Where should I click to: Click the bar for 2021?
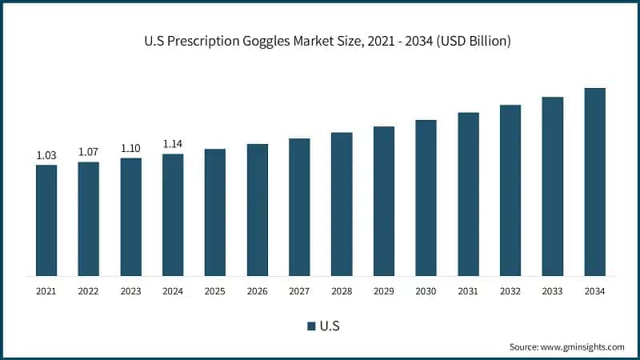pos(46,220)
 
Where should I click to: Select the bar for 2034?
pos(594,182)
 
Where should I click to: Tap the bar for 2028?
pos(342,204)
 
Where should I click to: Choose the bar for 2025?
pos(215,212)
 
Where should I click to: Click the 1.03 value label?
pos(46,155)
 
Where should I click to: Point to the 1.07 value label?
pos(89,152)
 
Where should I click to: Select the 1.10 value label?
pos(131,148)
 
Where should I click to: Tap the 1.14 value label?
pos(173,144)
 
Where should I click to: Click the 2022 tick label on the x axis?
pos(89,291)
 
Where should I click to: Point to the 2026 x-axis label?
pos(258,291)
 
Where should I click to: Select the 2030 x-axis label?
pos(426,291)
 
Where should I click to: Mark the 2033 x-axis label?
pos(552,291)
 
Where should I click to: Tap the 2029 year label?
pos(384,291)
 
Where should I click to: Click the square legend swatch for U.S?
pos(311,326)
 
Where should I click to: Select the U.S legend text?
pos(330,326)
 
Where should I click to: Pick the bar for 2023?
pos(131,217)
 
